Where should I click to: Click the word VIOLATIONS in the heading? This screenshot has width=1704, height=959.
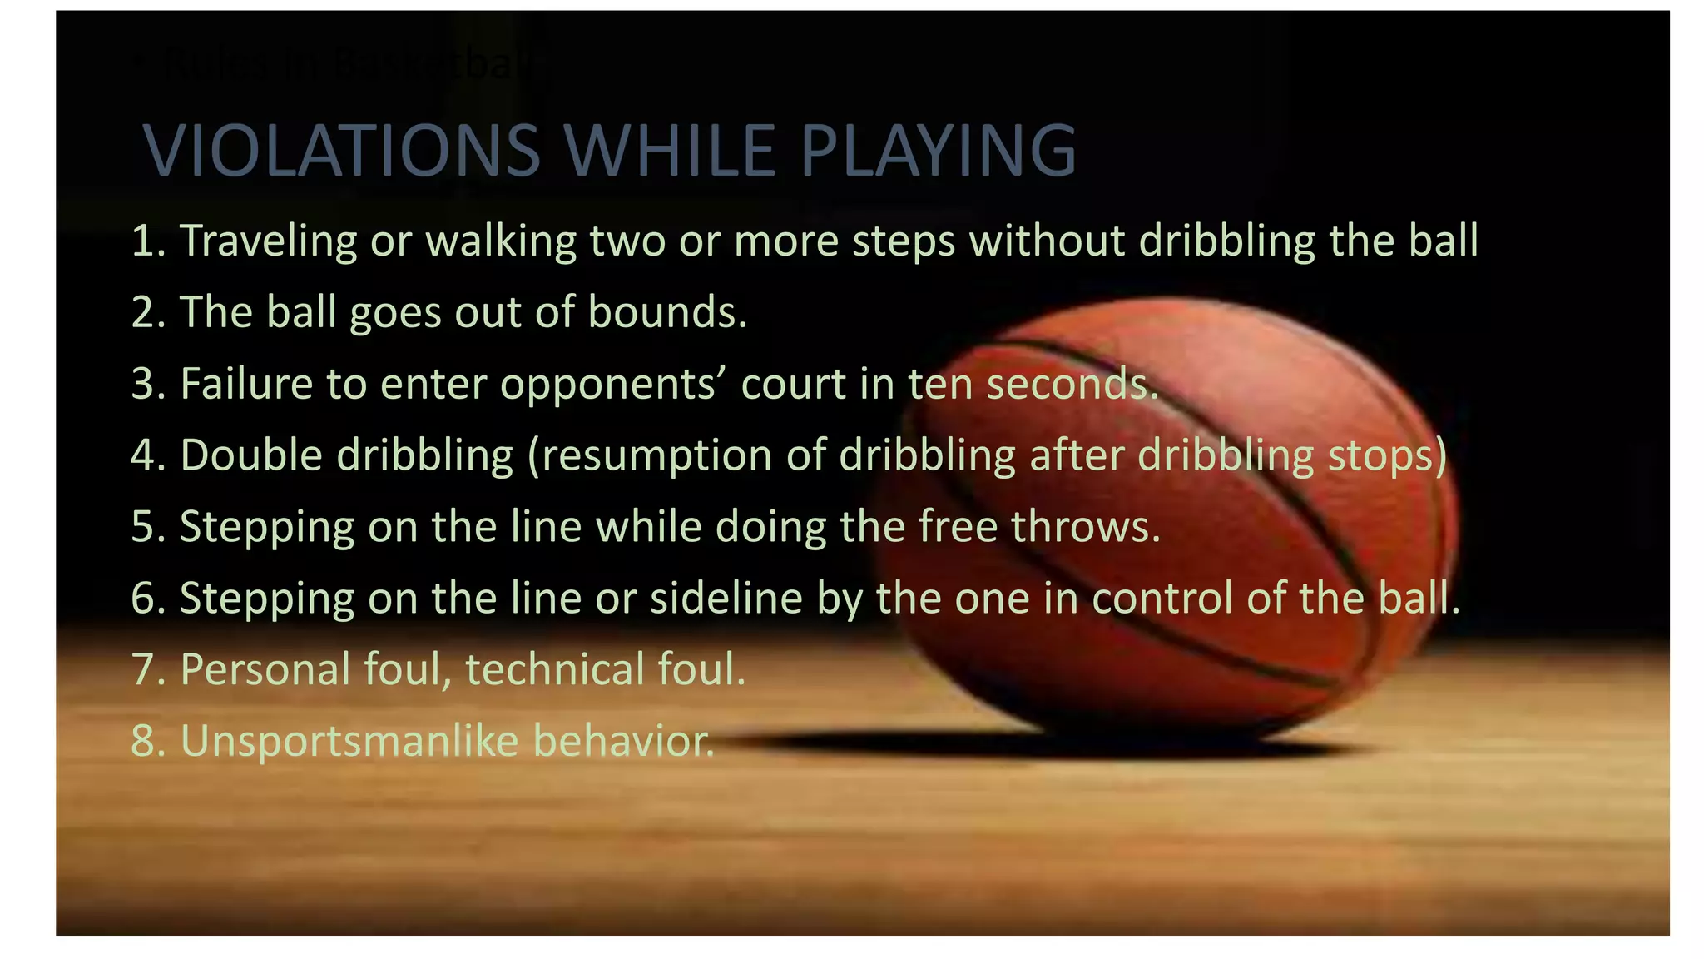(342, 151)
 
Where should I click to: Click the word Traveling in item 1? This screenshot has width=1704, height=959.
(269, 241)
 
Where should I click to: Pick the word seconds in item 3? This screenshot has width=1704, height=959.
(1072, 384)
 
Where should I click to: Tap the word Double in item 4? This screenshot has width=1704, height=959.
(251, 455)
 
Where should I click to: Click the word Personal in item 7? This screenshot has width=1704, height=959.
(265, 670)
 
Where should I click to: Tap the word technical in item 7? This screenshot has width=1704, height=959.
(554, 670)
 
